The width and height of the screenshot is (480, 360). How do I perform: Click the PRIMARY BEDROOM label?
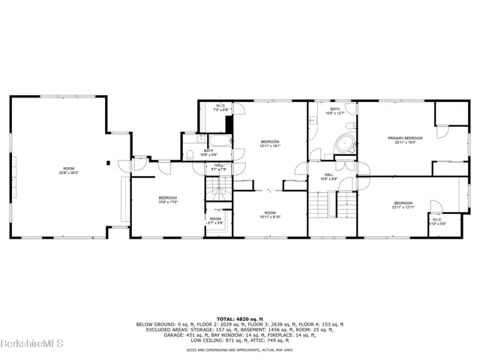[x=405, y=138]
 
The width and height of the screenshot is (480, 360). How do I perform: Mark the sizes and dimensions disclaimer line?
[x=240, y=349]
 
